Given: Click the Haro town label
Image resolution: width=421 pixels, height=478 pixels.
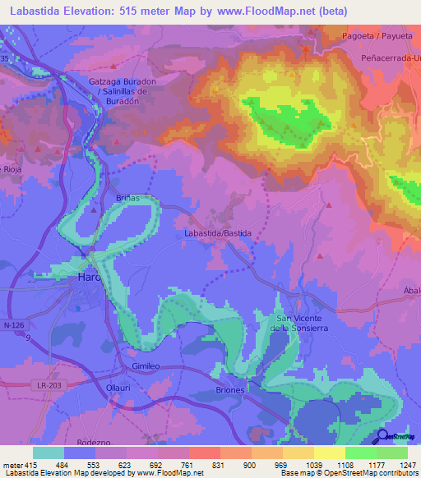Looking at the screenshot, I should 88,278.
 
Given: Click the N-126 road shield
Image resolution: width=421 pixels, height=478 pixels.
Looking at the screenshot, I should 13,326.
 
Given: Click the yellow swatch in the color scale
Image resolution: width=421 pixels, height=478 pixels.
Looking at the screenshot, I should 329,453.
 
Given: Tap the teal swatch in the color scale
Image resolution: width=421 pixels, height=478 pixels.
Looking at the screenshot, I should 48,453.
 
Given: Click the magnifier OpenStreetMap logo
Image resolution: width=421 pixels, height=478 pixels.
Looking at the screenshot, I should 383,437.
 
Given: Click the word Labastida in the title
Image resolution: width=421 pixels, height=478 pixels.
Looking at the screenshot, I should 39,11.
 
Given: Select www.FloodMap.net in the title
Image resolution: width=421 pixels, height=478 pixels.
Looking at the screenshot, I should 270,11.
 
